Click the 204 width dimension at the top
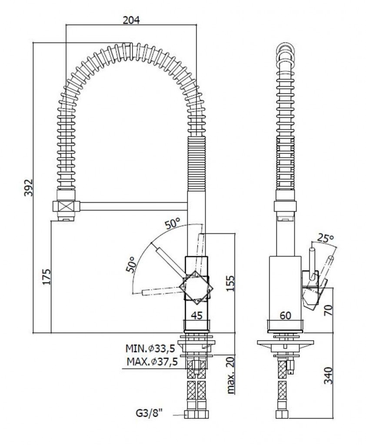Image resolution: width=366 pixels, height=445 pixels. pyautogui.click(x=131, y=20)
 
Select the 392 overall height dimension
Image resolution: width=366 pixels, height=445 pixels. pyautogui.click(x=29, y=187)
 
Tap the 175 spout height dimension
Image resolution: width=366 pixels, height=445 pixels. pyautogui.click(x=47, y=276)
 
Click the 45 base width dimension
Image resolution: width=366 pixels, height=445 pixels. pyautogui.click(x=197, y=315)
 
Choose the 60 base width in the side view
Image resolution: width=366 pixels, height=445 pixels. pyautogui.click(x=285, y=315)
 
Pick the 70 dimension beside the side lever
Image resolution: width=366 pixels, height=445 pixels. pyautogui.click(x=328, y=310)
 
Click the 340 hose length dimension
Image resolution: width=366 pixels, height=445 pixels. pyautogui.click(x=328, y=375)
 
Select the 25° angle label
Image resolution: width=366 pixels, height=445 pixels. pyautogui.click(x=326, y=238)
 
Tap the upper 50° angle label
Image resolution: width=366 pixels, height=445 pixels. pyautogui.click(x=173, y=224)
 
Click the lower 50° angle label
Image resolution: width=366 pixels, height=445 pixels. pyautogui.click(x=130, y=265)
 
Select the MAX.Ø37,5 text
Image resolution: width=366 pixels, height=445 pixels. pyautogui.click(x=152, y=362)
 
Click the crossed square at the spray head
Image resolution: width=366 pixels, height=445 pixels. pyautogui.click(x=66, y=206)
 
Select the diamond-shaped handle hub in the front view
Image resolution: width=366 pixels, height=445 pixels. pyautogui.click(x=197, y=288)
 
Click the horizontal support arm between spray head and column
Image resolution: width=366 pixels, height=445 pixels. pyautogui.click(x=134, y=206)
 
